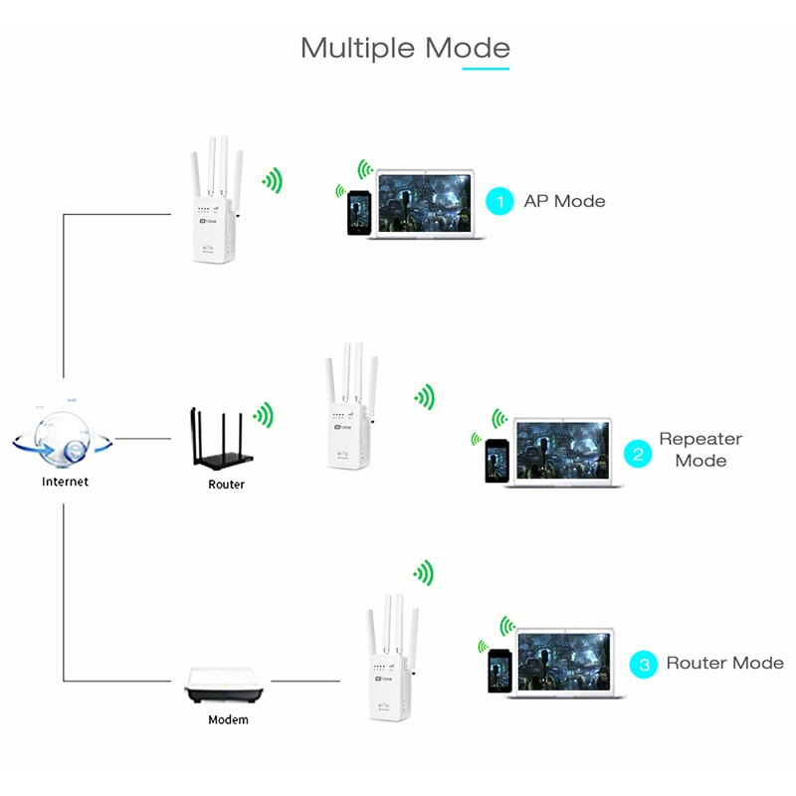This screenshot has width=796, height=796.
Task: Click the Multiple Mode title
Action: tap(405, 48)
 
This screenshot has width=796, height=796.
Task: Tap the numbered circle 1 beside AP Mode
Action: tap(500, 201)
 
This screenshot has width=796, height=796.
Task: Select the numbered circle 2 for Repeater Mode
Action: tap(638, 455)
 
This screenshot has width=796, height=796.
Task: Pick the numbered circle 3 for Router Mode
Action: tap(645, 664)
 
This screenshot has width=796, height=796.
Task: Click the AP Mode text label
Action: tap(564, 201)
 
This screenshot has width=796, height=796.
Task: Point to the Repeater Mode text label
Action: tap(700, 450)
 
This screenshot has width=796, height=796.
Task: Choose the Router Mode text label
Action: tap(724, 663)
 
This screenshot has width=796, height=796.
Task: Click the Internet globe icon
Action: tap(62, 438)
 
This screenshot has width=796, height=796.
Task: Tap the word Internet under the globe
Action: tap(65, 482)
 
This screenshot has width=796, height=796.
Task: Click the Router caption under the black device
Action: tap(226, 485)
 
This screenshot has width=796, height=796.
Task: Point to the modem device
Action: tap(228, 686)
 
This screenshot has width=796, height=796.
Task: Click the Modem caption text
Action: tap(228, 719)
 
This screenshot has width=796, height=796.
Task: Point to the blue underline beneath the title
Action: tap(485, 69)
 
